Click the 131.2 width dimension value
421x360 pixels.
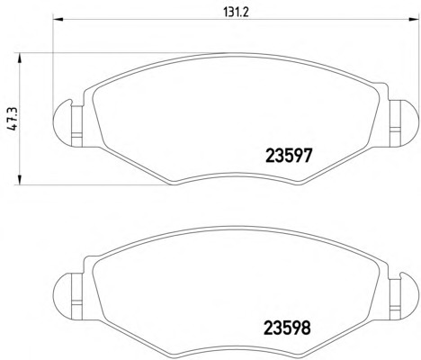pos(237,13)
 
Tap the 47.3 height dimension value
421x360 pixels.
pos(13,119)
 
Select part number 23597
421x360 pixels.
pos(290,156)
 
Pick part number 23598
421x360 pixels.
pos(287,328)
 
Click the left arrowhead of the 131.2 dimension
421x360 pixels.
pos(58,20)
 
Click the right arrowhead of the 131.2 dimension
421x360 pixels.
pos(414,20)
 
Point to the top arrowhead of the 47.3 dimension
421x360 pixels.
pos(20,58)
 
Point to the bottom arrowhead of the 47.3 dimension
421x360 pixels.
pos(20,180)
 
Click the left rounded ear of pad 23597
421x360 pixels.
pos(62,123)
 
